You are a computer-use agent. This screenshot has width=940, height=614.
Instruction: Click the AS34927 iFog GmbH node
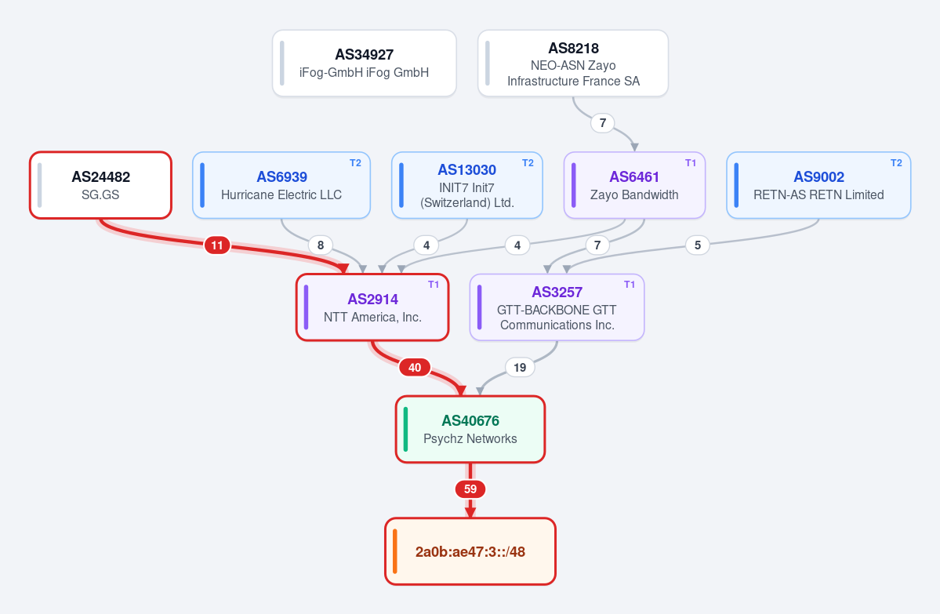coord(364,63)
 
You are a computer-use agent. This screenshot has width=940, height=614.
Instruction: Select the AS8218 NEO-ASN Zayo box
coord(572,63)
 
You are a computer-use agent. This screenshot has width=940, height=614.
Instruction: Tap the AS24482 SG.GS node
coord(100,185)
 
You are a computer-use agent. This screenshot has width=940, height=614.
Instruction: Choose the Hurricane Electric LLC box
coord(281,185)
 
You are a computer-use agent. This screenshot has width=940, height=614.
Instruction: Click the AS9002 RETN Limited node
coord(818,185)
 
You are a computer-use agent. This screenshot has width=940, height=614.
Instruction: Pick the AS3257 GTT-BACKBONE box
coord(557,307)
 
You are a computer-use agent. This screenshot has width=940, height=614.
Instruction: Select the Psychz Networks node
coord(470,429)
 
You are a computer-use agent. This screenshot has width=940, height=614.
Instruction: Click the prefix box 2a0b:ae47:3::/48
coord(470,551)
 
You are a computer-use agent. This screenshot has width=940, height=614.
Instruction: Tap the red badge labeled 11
coord(217,245)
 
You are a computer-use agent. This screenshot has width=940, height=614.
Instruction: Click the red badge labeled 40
coord(415,368)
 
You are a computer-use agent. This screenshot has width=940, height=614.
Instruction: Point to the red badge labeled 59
coord(470,489)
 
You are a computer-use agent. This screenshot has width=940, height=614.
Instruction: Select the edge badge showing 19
coord(520,368)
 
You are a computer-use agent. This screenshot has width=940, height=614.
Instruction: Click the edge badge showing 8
coord(321,245)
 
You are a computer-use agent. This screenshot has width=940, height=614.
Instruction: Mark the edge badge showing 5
coord(697,245)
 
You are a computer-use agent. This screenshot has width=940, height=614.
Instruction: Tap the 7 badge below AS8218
coord(602,123)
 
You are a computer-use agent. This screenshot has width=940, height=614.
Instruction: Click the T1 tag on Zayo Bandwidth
coord(691,163)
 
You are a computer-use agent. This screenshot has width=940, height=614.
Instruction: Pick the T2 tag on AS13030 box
coord(528,163)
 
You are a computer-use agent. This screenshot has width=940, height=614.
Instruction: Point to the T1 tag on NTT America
coord(434,285)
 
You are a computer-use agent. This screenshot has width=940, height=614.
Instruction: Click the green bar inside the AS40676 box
coord(406,429)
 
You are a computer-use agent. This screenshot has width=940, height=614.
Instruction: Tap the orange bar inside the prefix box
coord(395,551)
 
